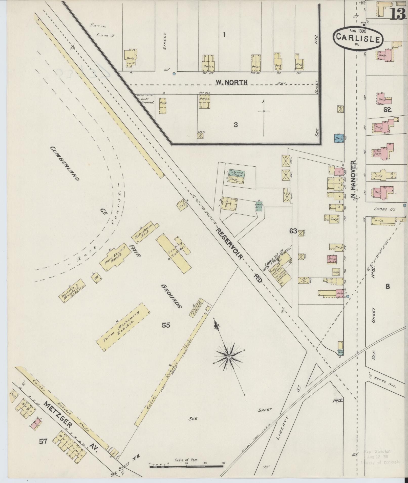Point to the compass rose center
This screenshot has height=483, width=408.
pos(229,357)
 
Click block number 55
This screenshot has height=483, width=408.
pos(166,325)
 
